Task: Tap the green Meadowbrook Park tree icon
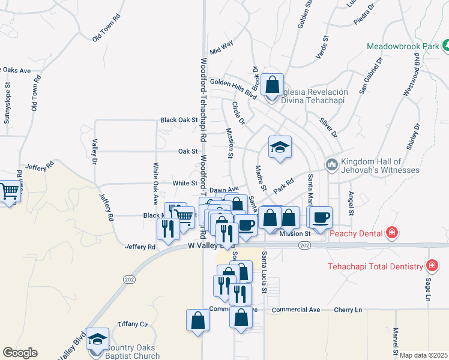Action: click(x=445, y=46)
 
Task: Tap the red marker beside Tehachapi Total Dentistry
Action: click(x=431, y=265)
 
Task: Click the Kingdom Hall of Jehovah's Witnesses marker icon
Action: click(x=331, y=164)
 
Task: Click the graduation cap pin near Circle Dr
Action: click(x=279, y=147)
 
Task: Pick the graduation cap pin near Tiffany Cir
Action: click(x=97, y=339)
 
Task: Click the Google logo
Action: click(x=20, y=352)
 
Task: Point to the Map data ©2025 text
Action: click(x=423, y=355)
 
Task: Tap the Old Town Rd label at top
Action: click(x=106, y=27)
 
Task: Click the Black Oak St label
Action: click(x=179, y=120)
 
